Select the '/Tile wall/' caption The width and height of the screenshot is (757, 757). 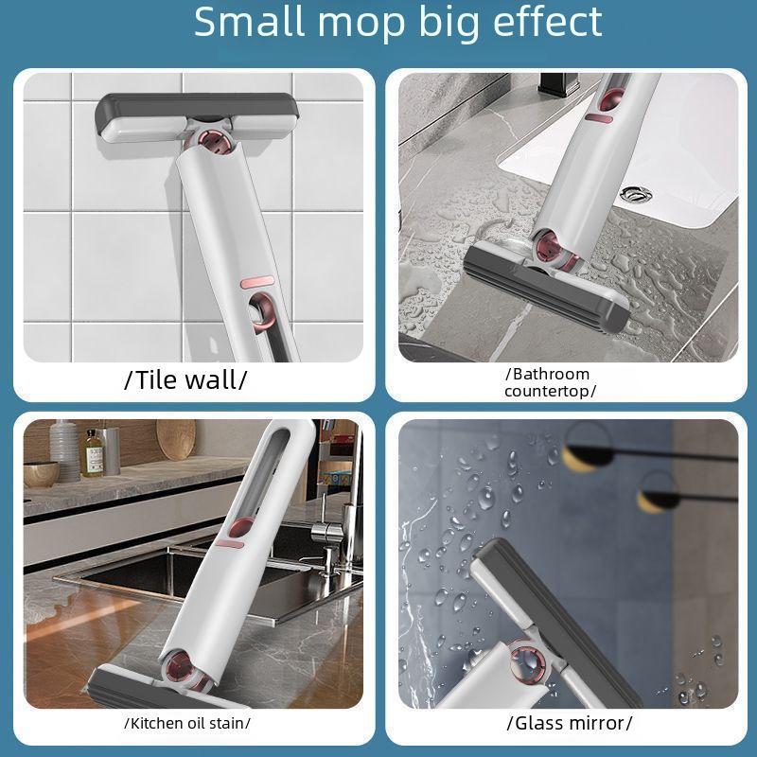tap(185, 380)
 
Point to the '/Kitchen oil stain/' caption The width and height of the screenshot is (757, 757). tap(186, 723)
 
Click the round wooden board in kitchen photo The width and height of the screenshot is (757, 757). tap(175, 440)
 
